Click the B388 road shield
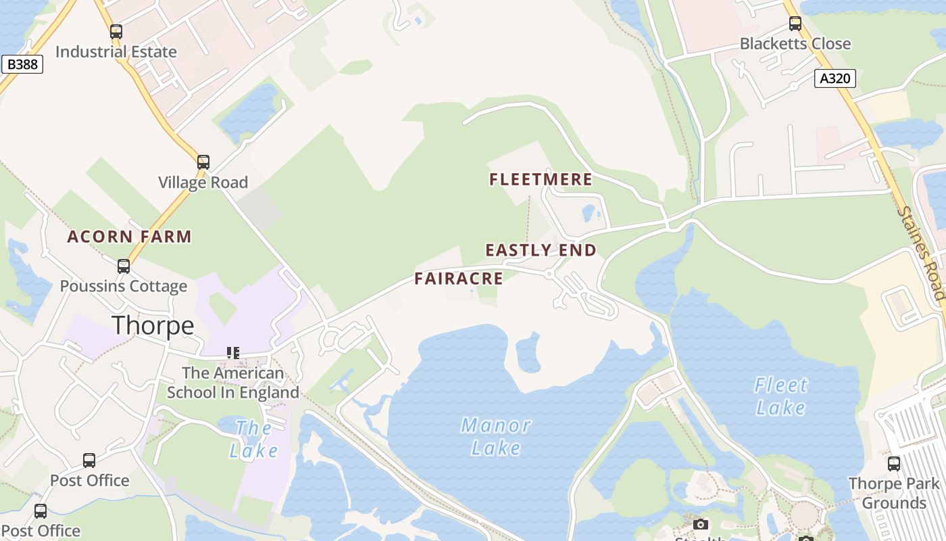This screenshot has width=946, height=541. [22, 64]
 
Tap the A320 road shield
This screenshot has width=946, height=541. [835, 78]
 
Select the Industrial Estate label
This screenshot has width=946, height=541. [116, 51]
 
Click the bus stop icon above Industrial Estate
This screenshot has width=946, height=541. [116, 31]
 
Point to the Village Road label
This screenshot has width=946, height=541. [203, 182]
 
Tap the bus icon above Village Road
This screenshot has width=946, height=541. [203, 162]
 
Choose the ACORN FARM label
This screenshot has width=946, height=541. [129, 237]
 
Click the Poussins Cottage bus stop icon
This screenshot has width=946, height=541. [123, 266]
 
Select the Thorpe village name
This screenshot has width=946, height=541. [153, 326]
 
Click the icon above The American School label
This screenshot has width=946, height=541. [233, 352]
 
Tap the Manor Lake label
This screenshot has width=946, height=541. [496, 436]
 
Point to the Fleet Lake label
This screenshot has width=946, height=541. [780, 396]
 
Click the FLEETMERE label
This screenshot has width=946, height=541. [541, 179]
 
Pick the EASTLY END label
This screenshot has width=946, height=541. [541, 250]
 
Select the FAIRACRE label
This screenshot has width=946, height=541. [459, 279]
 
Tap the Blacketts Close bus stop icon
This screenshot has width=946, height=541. [795, 24]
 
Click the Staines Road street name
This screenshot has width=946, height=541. [920, 252]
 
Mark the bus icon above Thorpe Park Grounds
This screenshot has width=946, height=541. [893, 464]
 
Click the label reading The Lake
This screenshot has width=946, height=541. [253, 439]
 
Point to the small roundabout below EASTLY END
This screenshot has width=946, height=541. [549, 274]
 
